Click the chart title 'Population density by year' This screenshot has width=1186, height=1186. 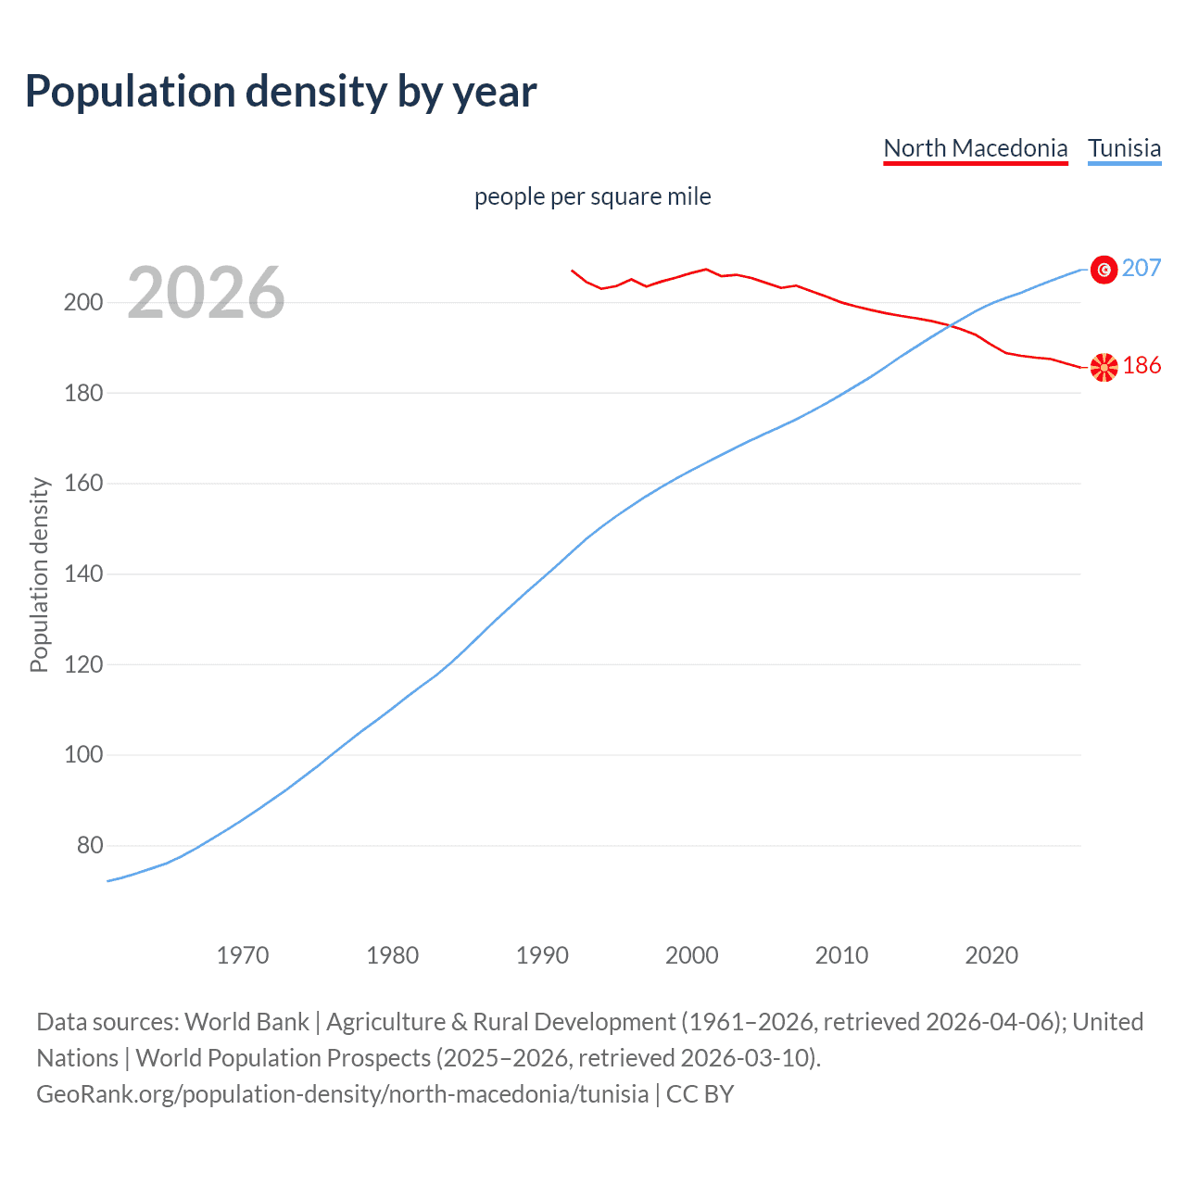pyautogui.click(x=281, y=92)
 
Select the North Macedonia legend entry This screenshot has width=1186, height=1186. pyautogui.click(x=975, y=148)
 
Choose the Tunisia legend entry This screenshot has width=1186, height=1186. pyautogui.click(x=1124, y=148)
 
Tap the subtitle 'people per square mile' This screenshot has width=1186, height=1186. pyautogui.click(x=592, y=196)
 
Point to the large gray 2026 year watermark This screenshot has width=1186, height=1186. pyautogui.click(x=206, y=293)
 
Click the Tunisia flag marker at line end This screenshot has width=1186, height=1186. pyautogui.click(x=1104, y=269)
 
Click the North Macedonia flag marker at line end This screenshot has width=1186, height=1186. pyautogui.click(x=1104, y=367)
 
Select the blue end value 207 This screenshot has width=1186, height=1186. pyautogui.click(x=1142, y=268)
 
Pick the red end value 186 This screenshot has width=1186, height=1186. pyautogui.click(x=1142, y=366)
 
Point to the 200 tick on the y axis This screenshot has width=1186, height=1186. pyautogui.click(x=83, y=303)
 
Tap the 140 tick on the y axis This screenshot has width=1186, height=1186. pyautogui.click(x=83, y=574)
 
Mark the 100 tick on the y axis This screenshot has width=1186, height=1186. pyautogui.click(x=83, y=755)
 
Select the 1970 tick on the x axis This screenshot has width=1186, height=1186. pyautogui.click(x=243, y=955)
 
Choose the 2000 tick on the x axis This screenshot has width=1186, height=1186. pyautogui.click(x=692, y=955)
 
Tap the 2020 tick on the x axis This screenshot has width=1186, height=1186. pyautogui.click(x=991, y=955)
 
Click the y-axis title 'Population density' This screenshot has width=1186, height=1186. pyautogui.click(x=39, y=574)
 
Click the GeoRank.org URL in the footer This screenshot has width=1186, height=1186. pyautogui.click(x=342, y=1094)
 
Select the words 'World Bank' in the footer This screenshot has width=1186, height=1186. pyautogui.click(x=246, y=1022)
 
